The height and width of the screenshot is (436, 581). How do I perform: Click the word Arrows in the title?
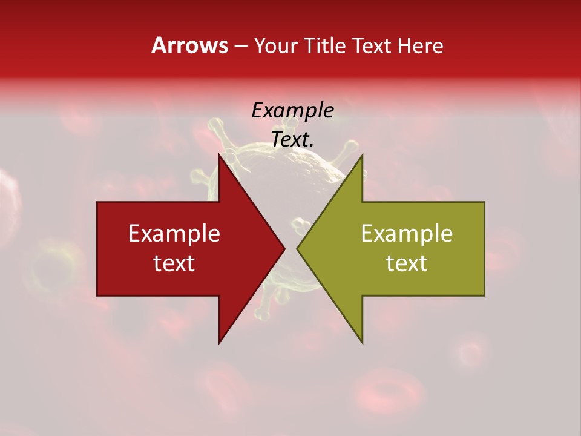(189, 45)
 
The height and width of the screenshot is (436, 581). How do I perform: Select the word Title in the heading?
(327, 46)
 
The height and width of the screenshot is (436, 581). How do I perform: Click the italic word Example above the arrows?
(292, 111)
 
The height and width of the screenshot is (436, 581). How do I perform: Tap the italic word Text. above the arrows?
(292, 139)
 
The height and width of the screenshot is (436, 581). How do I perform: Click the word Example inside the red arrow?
(174, 233)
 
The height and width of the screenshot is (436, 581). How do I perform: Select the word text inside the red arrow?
(174, 263)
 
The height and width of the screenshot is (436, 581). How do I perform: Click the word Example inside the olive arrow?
(407, 233)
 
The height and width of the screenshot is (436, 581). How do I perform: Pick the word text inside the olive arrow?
(407, 263)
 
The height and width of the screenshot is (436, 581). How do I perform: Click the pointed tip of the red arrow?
(284, 248)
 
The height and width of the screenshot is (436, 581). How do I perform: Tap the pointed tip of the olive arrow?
(297, 248)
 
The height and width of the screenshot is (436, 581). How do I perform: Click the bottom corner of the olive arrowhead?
(363, 343)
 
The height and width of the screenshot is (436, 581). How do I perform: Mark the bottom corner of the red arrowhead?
(219, 343)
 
